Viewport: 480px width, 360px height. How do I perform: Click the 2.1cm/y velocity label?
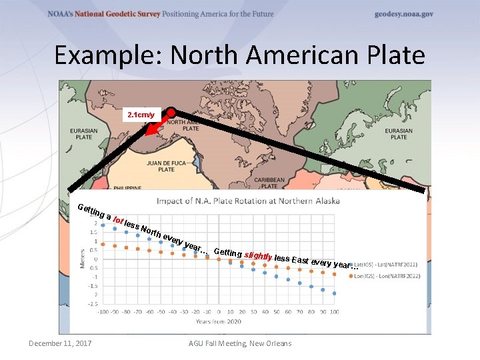tap(141, 115)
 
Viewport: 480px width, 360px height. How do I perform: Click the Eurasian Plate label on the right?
tap(399, 134)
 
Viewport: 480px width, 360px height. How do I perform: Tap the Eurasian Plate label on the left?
tap(82, 134)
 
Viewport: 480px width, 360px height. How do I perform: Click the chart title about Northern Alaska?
tap(248, 201)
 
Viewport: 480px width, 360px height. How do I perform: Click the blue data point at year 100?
tap(334, 293)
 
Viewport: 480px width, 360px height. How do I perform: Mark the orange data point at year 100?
tap(334, 274)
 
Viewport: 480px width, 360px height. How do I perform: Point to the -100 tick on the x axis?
tap(103, 311)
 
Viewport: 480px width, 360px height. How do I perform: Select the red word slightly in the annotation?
tap(258, 255)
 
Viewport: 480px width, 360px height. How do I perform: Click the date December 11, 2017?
tap(61, 344)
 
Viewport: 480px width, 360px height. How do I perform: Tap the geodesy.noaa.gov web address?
tap(404, 14)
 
